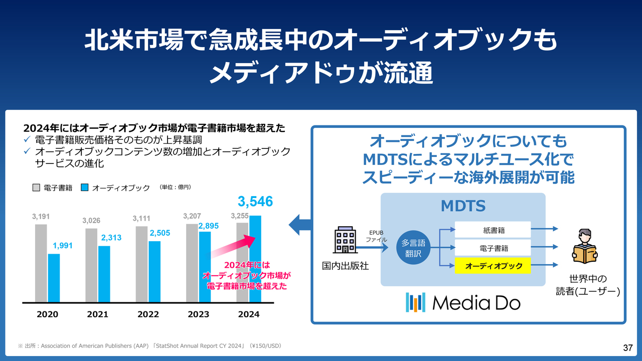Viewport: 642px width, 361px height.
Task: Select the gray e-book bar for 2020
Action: [41, 263]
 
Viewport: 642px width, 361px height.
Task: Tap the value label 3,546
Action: [255, 202]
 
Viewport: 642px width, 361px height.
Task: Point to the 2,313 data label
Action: [111, 238]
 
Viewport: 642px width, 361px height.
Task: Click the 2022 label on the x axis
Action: [148, 314]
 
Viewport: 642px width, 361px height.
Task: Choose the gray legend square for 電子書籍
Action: [36, 188]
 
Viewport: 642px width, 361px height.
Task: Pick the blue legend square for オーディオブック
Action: [84, 188]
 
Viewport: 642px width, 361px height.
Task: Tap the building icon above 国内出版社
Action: [345, 242]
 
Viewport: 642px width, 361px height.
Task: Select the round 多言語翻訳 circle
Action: [413, 248]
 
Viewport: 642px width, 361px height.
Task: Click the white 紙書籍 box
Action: [493, 230]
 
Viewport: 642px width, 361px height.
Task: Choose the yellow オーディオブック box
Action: [493, 266]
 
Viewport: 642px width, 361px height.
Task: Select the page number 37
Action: [627, 347]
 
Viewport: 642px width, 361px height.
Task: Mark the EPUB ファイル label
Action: [376, 236]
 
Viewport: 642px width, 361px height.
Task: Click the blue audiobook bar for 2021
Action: [104, 274]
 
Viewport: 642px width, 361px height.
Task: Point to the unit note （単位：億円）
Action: [176, 187]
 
